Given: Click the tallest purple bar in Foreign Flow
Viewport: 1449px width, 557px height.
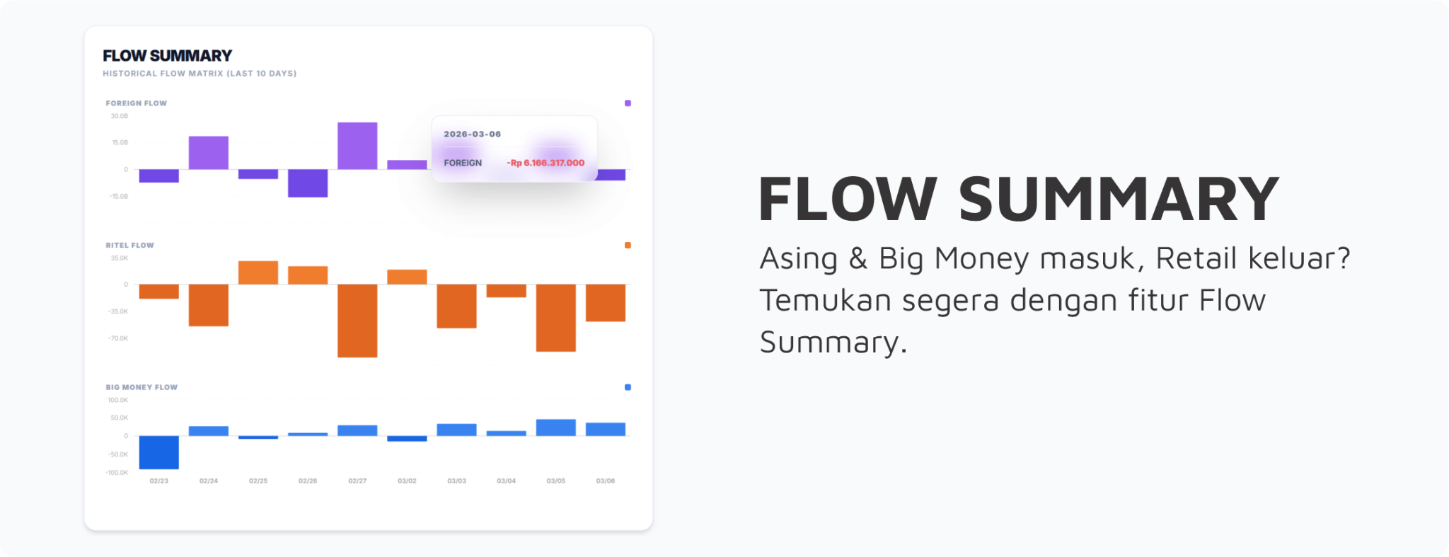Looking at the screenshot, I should coord(357,146).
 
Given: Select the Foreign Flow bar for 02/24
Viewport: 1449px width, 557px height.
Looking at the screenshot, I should coord(209,153).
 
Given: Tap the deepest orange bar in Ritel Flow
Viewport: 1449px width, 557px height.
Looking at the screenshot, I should coord(357,321).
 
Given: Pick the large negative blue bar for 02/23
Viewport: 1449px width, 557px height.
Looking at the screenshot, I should coord(159,452).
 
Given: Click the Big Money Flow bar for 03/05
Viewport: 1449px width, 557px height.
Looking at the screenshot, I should coord(556,427).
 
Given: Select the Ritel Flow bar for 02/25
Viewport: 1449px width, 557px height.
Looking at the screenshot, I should coord(258,273).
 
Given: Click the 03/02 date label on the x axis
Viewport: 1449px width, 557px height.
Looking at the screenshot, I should coord(407,481).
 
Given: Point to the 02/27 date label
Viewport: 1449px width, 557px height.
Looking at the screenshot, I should coord(357,481).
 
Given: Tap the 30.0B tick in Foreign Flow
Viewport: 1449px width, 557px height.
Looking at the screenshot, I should coord(120,116).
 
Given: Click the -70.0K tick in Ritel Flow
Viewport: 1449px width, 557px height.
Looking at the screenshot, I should coord(118,338).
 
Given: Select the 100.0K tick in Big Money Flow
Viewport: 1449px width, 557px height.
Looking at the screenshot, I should coord(118,401).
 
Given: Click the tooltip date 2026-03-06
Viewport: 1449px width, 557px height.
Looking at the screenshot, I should coord(472,134).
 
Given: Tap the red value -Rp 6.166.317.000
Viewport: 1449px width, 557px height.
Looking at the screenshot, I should coord(545,163).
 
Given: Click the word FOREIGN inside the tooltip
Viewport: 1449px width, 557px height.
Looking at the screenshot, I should coord(463,163).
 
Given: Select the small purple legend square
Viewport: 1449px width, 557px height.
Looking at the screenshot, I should coord(628,103).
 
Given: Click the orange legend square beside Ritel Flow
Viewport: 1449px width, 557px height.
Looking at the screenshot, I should coord(628,246).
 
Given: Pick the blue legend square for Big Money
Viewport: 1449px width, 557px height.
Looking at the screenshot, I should coord(628,387).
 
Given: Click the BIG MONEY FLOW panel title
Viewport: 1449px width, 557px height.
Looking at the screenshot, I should coord(142,387).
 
